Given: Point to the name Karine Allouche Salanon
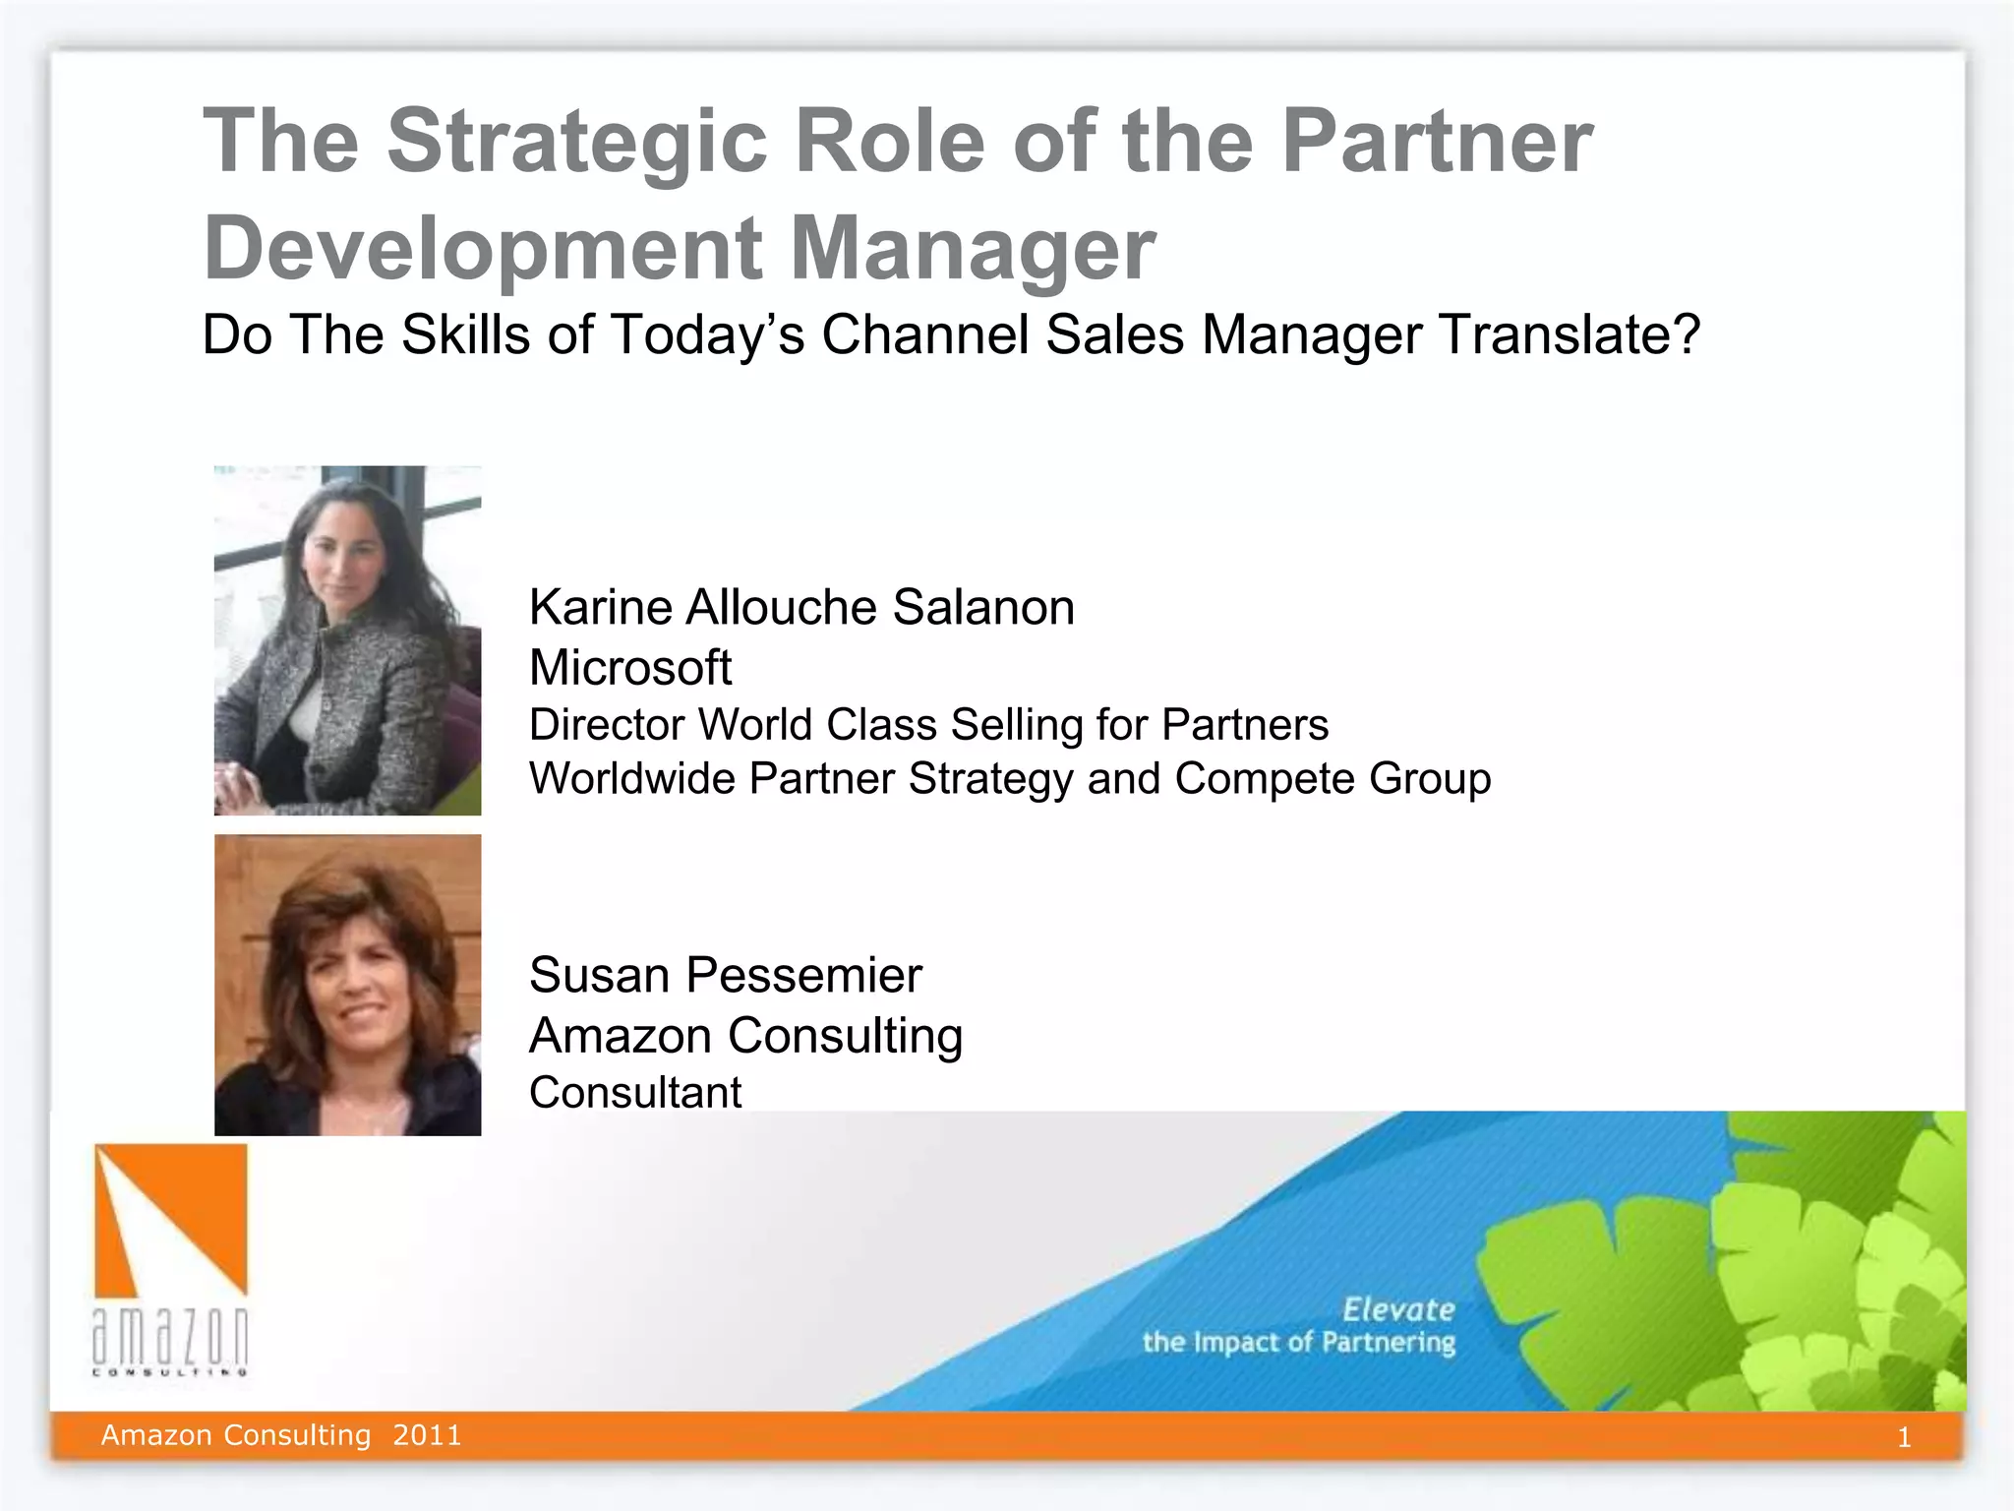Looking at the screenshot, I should coord(801,607).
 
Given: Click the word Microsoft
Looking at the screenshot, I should coord(630,668).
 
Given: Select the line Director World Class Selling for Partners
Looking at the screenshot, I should coord(928,725).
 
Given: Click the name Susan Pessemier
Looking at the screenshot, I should coord(725,976).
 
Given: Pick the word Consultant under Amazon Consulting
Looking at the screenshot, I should coord(635,1093).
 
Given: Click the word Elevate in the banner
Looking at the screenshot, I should coord(1397,1309).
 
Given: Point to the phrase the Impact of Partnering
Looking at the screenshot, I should coord(1298,1343).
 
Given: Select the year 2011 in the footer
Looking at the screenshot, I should coord(427,1435).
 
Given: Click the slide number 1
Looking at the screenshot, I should coord(1904,1438).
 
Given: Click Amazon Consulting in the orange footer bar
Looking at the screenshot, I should coord(236,1435).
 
